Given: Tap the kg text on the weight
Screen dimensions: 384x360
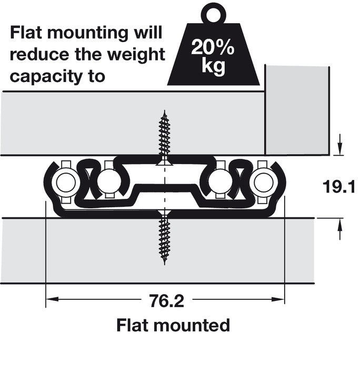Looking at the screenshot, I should (213, 67).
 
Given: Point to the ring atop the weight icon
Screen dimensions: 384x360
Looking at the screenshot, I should (213, 12).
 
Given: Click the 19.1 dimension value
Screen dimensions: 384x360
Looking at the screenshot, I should (341, 187).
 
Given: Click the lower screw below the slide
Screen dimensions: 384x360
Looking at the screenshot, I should (165, 239).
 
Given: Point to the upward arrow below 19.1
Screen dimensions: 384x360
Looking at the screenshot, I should (340, 226).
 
